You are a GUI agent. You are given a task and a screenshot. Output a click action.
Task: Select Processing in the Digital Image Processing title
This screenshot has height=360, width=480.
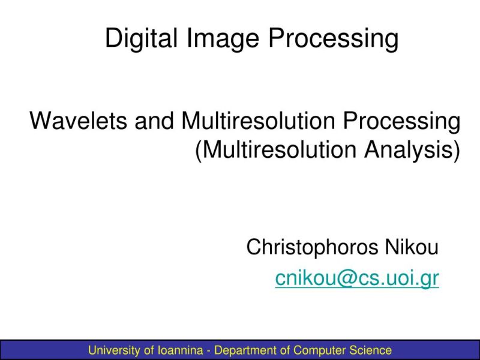(333, 39)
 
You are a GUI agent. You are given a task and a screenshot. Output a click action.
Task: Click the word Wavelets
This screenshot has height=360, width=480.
(79, 121)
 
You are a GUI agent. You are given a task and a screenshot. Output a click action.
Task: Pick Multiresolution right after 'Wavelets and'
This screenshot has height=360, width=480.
(259, 121)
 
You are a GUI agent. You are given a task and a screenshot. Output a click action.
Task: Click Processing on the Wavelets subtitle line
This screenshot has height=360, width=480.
(402, 121)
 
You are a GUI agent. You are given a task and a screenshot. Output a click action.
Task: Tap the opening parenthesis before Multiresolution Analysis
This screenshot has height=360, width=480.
(199, 150)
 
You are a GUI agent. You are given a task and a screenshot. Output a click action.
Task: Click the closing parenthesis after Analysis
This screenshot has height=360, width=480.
(457, 150)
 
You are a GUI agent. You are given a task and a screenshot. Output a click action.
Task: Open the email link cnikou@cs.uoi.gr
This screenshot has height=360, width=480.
(357, 278)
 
